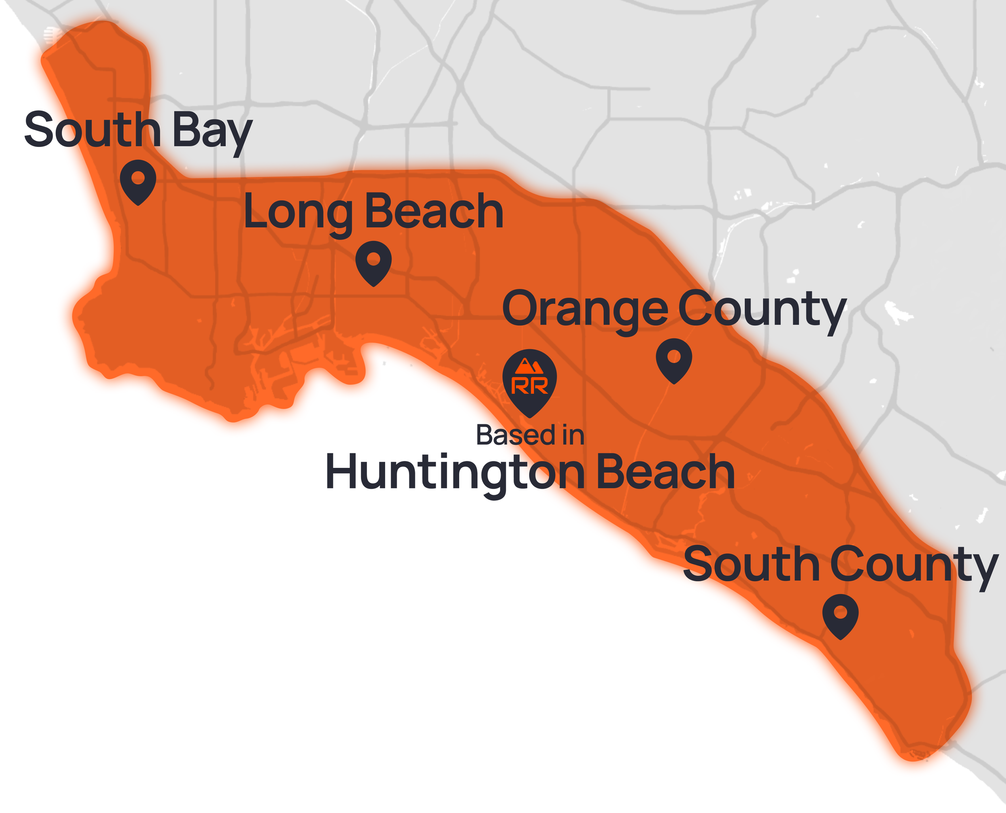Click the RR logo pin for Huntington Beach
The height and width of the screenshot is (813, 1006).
click(x=529, y=382)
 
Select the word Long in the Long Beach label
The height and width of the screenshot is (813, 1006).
click(x=298, y=213)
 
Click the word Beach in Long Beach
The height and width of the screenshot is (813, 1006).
click(x=434, y=212)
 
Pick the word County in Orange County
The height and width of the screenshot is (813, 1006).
click(x=762, y=310)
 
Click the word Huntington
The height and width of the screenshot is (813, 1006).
click(x=455, y=473)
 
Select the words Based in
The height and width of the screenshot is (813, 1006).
click(x=530, y=435)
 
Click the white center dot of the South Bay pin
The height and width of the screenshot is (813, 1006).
click(x=138, y=177)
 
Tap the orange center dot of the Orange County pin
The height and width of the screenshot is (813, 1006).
click(x=674, y=356)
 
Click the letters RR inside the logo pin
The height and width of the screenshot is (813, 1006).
click(x=529, y=386)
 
